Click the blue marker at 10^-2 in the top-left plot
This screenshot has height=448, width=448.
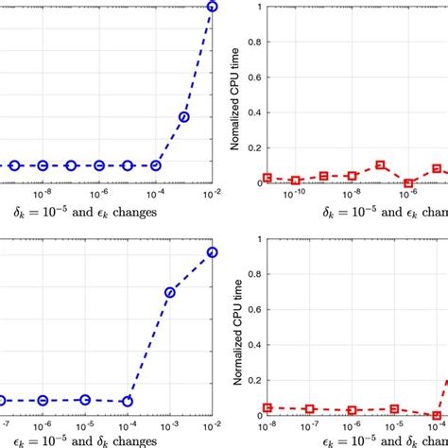(x=212, y=7)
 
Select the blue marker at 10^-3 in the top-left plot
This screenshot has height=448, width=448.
(x=184, y=117)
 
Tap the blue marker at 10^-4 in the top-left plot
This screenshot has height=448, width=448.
(x=156, y=165)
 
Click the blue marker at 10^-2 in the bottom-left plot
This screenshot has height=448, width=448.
(x=212, y=252)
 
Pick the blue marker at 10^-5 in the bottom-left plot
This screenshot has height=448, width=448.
(x=85, y=400)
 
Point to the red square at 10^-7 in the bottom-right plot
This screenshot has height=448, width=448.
(x=309, y=409)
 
